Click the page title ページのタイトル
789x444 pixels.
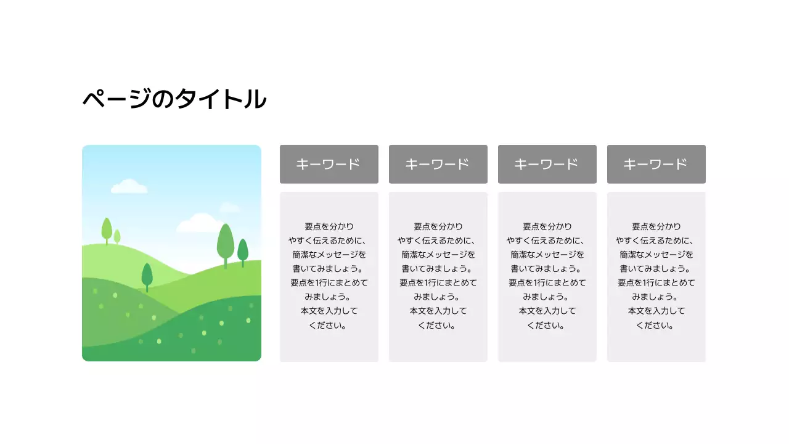[x=174, y=99]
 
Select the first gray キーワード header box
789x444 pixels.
[x=329, y=164]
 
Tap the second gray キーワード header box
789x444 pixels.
[x=438, y=164]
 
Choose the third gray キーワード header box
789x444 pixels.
[x=547, y=164]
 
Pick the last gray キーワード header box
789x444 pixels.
[x=656, y=164]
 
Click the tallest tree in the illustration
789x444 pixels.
[x=226, y=241]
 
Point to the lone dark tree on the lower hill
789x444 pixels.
[x=147, y=275]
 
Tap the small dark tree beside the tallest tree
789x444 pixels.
[x=243, y=250]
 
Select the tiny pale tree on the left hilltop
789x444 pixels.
[x=117, y=236]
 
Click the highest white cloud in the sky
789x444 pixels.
[x=129, y=186]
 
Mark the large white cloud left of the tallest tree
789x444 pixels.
[x=198, y=223]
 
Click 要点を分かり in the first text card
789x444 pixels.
[x=329, y=227]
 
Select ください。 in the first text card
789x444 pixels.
[x=329, y=325]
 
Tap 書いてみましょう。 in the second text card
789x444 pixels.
[x=438, y=269]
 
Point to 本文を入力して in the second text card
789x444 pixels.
[x=438, y=311]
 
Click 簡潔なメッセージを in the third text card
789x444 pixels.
[x=547, y=255]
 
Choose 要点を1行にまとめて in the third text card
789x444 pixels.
[x=547, y=283]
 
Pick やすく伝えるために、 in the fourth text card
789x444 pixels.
[x=656, y=240]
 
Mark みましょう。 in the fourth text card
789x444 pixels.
[x=656, y=297]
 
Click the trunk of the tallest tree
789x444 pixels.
[x=226, y=264]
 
